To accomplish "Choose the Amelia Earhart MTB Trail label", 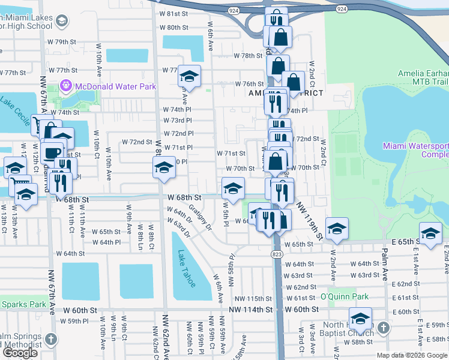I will [x=423, y=77].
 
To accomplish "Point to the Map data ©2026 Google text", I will [x=411, y=355].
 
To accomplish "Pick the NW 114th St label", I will [x=251, y=309].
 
